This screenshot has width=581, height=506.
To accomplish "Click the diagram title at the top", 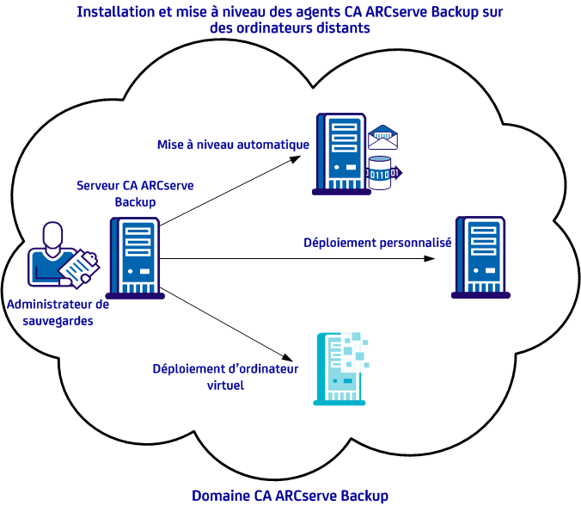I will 290,20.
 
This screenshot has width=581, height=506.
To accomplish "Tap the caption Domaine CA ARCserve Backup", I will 290,496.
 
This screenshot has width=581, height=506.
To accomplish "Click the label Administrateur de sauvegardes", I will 58,312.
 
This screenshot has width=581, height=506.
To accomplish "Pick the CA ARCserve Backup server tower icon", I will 137,257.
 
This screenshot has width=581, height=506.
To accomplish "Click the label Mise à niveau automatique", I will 233,145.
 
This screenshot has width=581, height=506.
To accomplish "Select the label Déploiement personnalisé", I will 377,243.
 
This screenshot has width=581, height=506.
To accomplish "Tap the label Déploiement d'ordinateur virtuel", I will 225,377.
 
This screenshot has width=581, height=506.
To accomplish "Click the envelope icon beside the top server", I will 383,137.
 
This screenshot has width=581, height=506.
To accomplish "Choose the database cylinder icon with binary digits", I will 382,172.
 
